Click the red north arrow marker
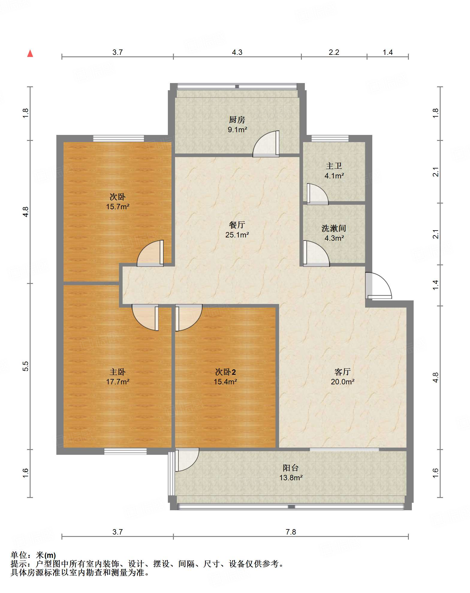pos(30,53)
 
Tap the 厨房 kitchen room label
pos(237,120)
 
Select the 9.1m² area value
pos(237,130)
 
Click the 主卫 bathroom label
pos(334,166)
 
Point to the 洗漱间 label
pos(334,228)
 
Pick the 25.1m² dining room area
pos(237,235)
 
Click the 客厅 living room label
pos(343,372)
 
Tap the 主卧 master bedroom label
pos(117,372)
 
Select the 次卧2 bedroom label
pos(225,372)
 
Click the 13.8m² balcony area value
pos(291,478)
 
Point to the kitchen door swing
pos(266,144)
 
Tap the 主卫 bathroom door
pos(317,194)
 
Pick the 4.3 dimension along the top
pos(237,52)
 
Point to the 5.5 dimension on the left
pos(26,366)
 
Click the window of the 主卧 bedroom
pos(125,451)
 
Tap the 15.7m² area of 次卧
pos(117,207)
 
